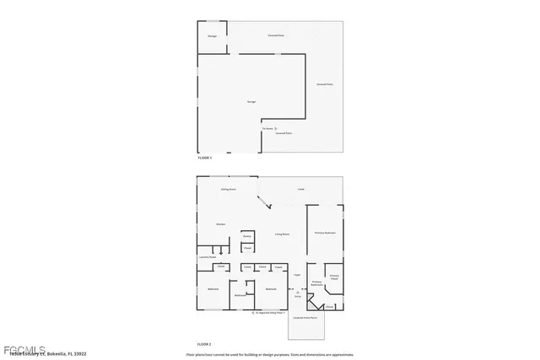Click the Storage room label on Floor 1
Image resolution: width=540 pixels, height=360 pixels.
point(213,36)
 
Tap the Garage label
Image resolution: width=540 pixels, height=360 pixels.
point(251,102)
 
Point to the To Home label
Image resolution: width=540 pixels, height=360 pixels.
point(268,129)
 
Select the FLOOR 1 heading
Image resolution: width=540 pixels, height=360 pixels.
point(205,158)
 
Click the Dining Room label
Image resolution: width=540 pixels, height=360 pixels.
point(228,190)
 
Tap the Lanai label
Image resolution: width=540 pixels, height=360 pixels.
point(300,190)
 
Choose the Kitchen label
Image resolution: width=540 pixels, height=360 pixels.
point(220,224)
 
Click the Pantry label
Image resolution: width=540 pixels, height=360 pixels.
point(247,236)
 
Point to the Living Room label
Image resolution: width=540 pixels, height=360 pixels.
point(282,234)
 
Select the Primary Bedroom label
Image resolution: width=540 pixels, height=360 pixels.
point(326,232)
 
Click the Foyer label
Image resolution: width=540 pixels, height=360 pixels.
point(297,275)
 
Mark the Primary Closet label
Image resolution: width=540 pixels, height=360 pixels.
point(335,277)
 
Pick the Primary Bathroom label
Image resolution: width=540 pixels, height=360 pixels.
point(317,284)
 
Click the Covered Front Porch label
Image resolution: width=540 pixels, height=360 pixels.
point(305,318)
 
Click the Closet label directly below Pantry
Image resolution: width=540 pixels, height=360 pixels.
point(247,249)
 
